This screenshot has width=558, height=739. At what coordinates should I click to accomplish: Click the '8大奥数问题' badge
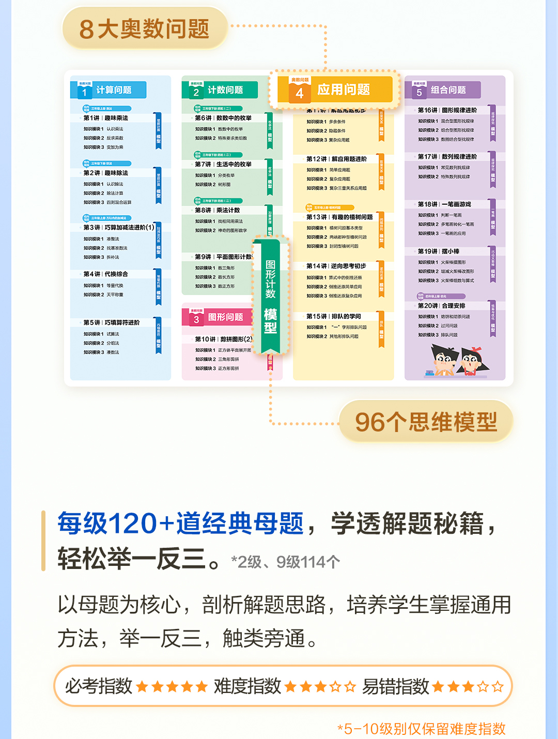[144, 28]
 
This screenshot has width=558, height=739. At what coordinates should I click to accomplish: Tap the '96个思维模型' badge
[426, 422]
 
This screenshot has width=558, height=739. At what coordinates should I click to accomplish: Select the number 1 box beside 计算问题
[84, 91]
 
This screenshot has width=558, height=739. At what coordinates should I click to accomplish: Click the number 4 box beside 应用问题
[299, 92]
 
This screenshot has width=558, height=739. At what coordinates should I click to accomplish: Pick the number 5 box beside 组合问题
[419, 91]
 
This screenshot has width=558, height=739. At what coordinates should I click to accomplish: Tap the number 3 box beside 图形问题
[196, 319]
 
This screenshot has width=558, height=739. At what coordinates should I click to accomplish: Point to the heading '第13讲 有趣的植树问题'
[339, 217]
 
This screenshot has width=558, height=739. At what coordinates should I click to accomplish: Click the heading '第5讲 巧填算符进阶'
[112, 322]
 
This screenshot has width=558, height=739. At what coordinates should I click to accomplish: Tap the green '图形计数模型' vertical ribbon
[270, 295]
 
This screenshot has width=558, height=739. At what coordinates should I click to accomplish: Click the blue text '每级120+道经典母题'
[180, 523]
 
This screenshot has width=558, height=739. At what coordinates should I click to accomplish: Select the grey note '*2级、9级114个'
[285, 562]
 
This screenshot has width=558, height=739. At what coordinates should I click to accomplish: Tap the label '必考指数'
[99, 686]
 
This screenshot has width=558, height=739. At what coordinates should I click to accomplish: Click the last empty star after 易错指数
[498, 686]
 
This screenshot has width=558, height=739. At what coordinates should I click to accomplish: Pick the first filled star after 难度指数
[290, 686]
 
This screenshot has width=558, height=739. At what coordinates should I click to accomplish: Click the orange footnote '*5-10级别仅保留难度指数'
[421, 729]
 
